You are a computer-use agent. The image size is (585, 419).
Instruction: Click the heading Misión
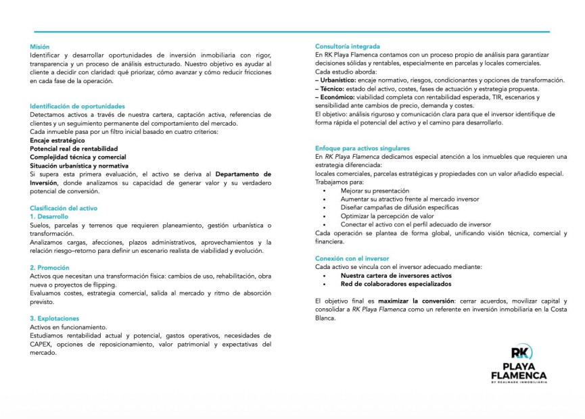39,47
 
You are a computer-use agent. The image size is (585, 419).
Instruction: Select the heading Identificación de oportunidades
77,106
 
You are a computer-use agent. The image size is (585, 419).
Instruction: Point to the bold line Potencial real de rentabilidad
74,149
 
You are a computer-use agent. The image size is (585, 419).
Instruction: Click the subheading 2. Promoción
49,268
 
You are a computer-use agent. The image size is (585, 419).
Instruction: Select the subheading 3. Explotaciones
54,318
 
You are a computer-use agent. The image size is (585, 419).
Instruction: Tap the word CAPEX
41,344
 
